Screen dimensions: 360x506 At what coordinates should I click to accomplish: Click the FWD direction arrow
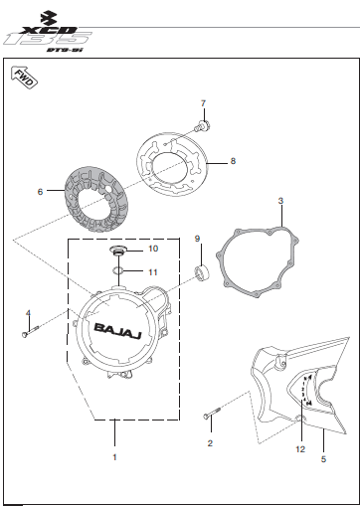point(24,77)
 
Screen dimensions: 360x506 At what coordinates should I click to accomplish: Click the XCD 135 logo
point(48,33)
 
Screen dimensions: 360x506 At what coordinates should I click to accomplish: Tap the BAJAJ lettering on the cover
point(117,331)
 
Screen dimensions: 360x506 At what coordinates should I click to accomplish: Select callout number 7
point(203,103)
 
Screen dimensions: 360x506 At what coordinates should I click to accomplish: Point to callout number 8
point(233,161)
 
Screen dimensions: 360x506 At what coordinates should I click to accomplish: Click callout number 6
point(40,192)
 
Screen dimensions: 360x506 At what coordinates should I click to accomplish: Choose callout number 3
point(280,201)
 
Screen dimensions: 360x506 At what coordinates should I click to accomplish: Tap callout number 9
point(198,239)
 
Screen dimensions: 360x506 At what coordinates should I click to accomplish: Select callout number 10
point(153,249)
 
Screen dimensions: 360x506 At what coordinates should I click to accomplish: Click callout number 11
point(153,272)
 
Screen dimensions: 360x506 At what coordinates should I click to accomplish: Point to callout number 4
point(28,313)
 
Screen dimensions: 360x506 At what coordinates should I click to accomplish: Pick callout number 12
point(300,449)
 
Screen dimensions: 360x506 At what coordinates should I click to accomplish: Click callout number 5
point(323,459)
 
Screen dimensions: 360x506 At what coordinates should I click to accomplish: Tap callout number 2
point(210,443)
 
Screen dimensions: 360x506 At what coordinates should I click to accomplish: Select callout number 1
point(114,457)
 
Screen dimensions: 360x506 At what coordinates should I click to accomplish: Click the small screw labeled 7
point(203,126)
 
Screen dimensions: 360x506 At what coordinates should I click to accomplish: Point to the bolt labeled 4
point(30,332)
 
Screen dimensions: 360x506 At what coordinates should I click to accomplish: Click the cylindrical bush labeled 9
point(202,272)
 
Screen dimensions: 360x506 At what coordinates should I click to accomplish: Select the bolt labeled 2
point(211,413)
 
